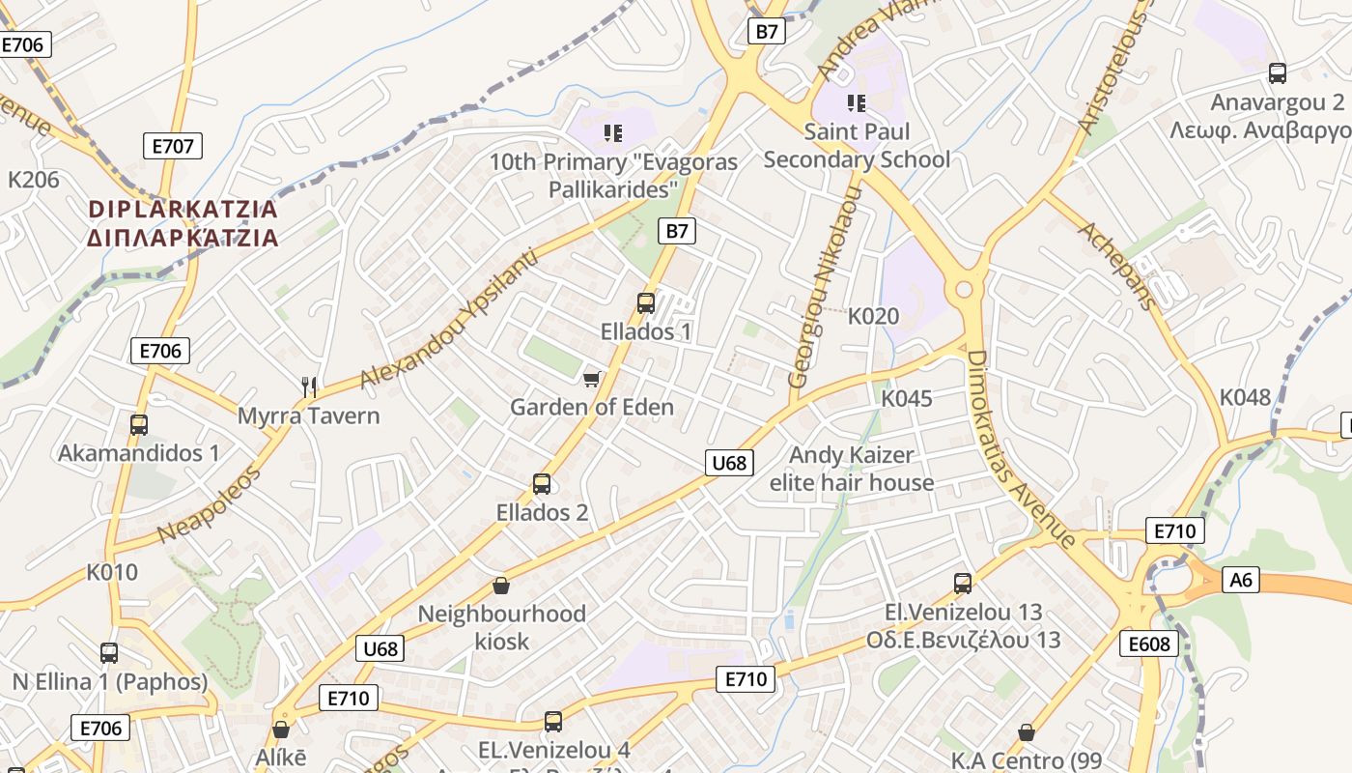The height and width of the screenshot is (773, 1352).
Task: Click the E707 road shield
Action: tap(174, 147)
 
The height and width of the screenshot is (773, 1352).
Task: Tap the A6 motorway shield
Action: tap(1241, 580)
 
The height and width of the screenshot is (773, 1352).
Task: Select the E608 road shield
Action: tap(1148, 644)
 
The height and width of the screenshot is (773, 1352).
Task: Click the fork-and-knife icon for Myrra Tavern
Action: tap(309, 387)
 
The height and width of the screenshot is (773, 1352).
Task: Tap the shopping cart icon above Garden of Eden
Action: tap(592, 378)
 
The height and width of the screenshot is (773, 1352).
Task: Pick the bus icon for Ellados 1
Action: tap(646, 302)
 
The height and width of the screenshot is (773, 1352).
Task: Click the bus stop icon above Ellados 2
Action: tap(542, 483)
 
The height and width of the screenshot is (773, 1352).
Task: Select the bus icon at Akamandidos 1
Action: tap(139, 424)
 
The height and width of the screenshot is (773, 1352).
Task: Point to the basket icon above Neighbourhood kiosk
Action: tap(501, 586)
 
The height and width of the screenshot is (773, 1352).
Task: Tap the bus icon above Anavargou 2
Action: tap(1278, 72)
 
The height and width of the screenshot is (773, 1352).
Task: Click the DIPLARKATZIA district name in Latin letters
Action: tap(183, 209)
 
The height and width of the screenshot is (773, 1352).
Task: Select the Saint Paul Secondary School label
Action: tap(857, 145)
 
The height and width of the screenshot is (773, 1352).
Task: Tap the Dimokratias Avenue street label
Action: tap(1021, 448)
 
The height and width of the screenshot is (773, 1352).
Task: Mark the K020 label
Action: tap(873, 316)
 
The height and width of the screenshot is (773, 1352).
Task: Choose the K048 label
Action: tap(1245, 397)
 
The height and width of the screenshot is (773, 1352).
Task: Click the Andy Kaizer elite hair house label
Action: tap(852, 469)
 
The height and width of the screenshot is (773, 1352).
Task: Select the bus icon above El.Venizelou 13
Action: tap(963, 583)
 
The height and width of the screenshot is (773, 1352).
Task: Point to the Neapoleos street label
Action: tap(209, 505)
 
